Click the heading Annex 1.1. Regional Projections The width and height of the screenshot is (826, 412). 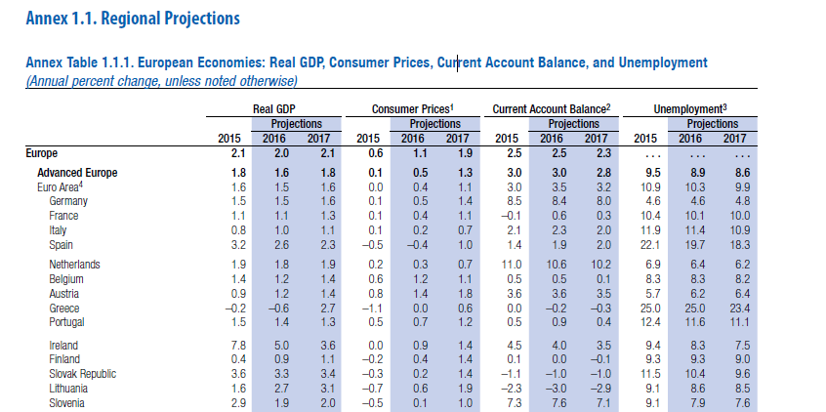tap(133, 19)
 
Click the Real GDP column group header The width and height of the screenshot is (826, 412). tap(274, 109)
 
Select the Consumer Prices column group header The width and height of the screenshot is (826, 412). tap(413, 109)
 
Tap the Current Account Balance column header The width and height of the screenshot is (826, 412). tap(552, 109)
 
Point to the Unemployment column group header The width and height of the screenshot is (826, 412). tap(690, 109)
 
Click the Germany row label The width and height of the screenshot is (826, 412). tap(68, 201)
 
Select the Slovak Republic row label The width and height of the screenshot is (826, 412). tap(83, 374)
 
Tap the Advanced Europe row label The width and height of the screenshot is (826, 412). tap(77, 173)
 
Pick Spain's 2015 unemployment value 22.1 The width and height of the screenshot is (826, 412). tap(645, 245)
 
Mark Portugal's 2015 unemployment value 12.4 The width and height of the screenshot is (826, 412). tap(645, 322)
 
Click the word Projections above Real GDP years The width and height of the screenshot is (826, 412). tap(297, 124)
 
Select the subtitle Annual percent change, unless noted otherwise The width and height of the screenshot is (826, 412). tap(162, 82)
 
